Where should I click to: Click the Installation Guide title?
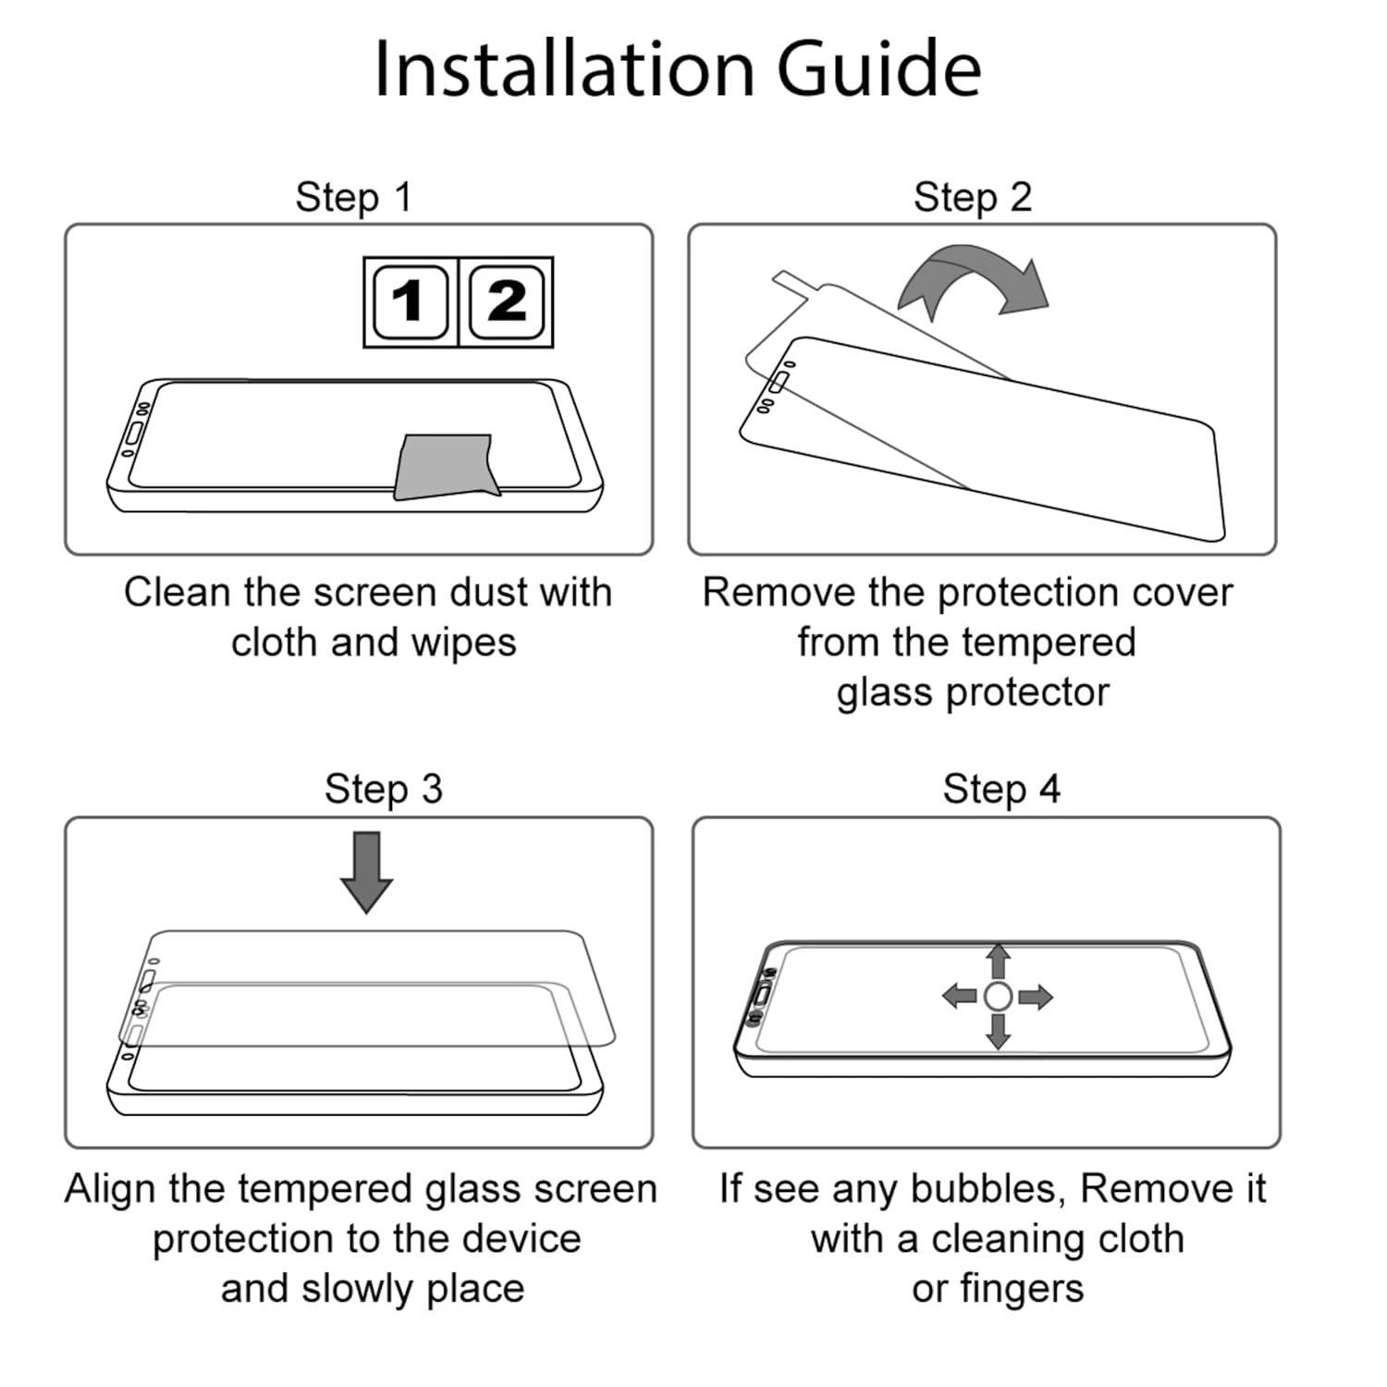677,69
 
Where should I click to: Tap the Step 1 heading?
354,197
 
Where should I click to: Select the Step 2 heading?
973,197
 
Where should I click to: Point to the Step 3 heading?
384,789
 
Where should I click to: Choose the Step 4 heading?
1001,789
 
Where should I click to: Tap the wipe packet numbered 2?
506,302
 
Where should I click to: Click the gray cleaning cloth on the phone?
446,467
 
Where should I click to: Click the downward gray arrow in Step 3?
367,872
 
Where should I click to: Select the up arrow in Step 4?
998,962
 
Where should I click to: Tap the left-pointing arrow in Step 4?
960,996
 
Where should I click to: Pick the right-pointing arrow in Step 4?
1036,996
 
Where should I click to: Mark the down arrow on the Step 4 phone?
998,1032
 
